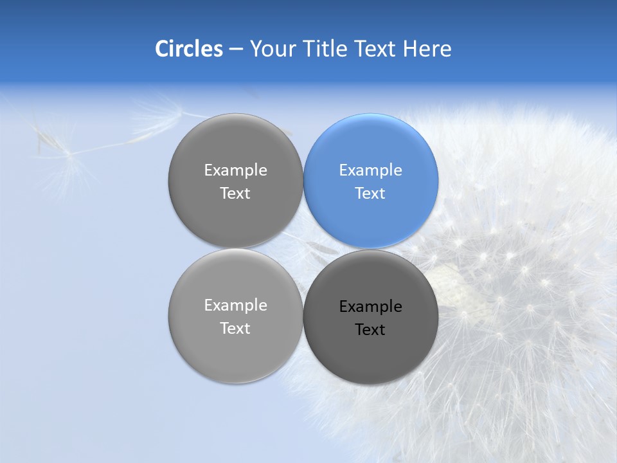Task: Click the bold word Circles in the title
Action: coord(189,49)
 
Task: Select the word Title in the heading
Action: coord(328,49)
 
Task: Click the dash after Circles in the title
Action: coord(235,50)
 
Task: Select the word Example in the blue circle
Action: coord(370,170)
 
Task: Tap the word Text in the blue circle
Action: coord(370,194)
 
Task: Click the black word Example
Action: coord(370,307)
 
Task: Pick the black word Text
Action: coord(370,330)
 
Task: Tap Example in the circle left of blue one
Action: coord(235,170)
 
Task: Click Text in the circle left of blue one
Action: coord(235,194)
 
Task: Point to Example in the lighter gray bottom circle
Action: coord(235,305)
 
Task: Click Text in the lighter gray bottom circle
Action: coord(235,329)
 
